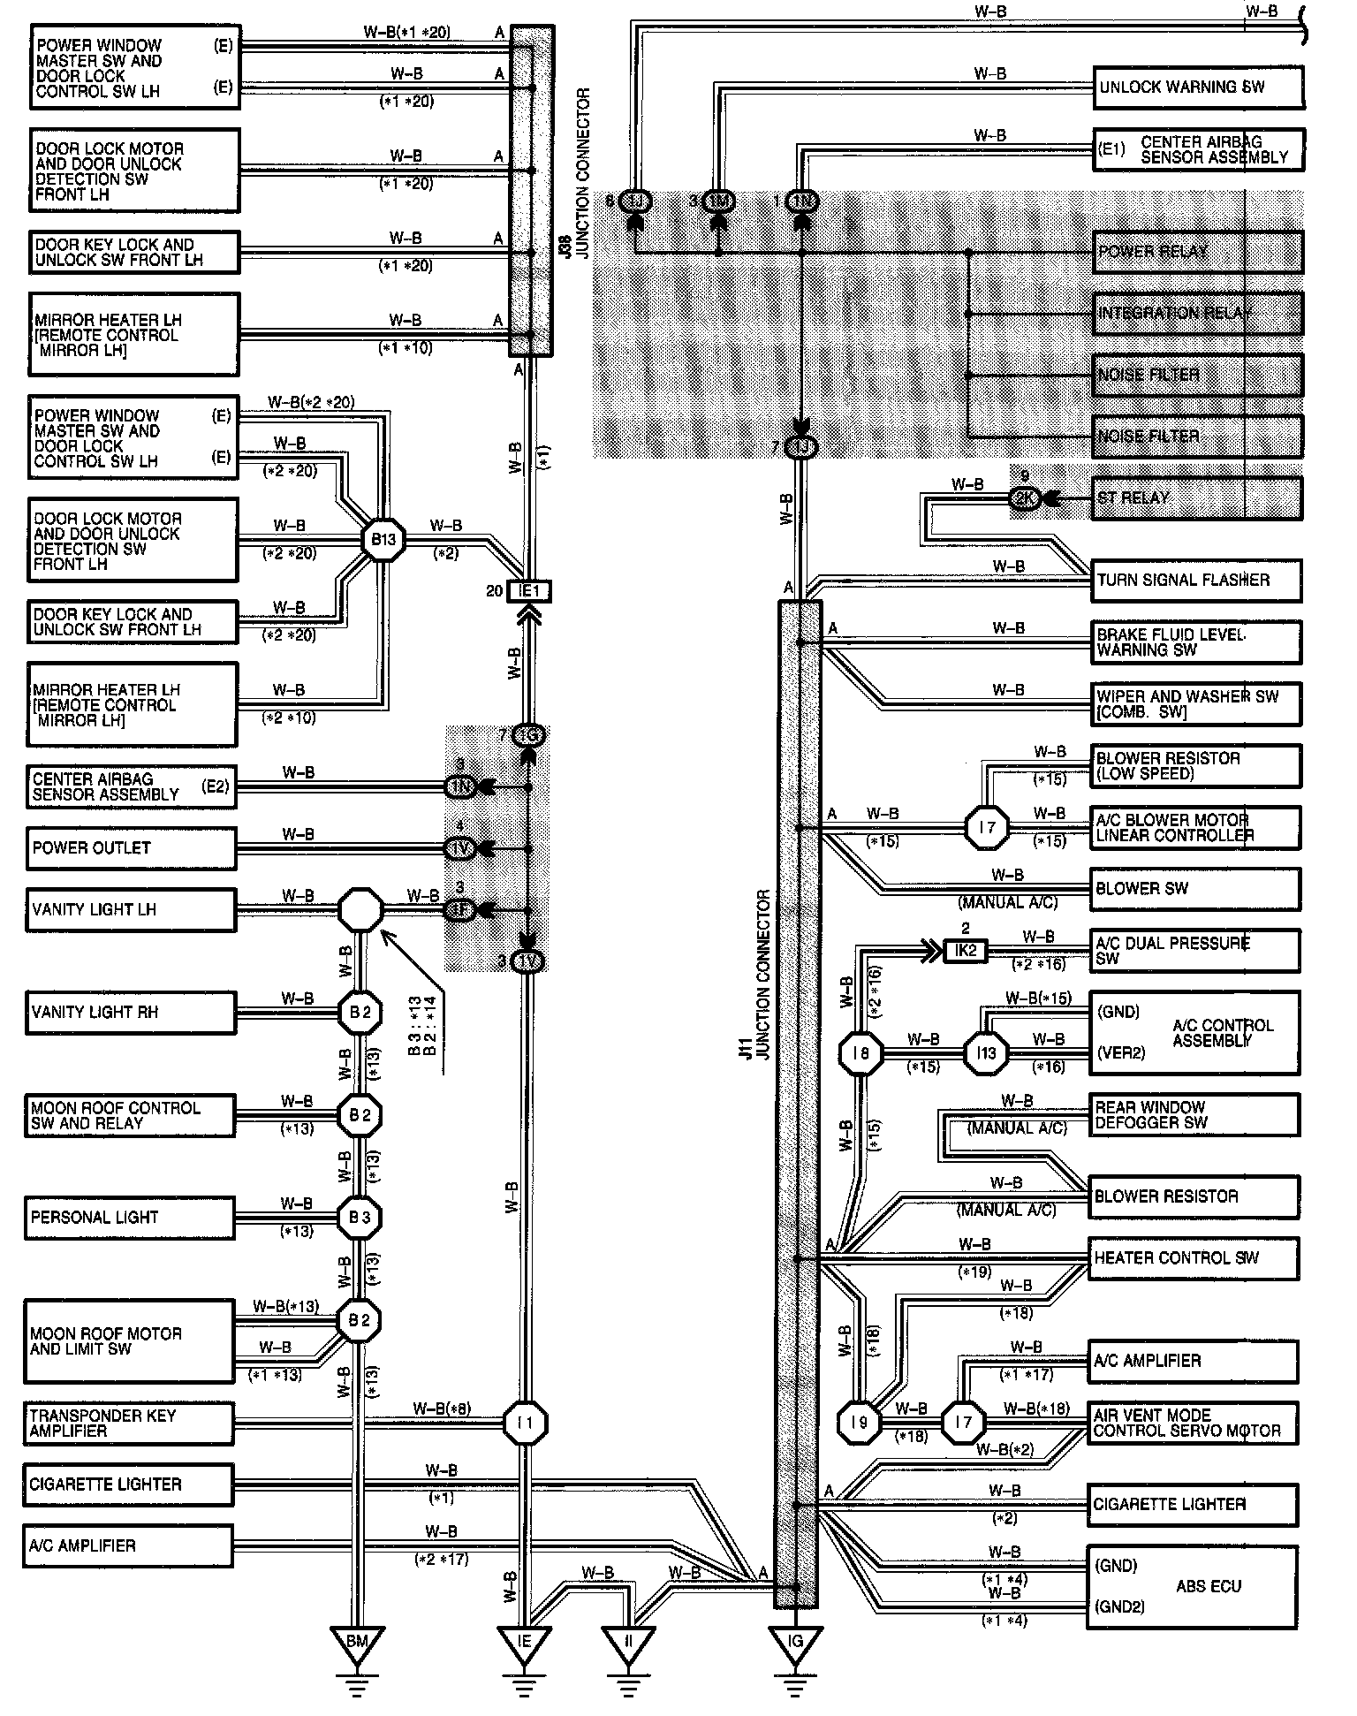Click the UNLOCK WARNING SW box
[1198, 87]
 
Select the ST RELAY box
[1197, 498]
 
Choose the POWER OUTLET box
[131, 848]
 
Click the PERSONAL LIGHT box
[131, 1218]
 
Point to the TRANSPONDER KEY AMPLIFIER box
[130, 1423]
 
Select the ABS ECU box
[1193, 1587]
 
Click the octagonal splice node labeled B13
[383, 539]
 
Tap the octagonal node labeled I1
[526, 1424]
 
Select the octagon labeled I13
[987, 1053]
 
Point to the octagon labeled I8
[860, 1053]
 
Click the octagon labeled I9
[860, 1423]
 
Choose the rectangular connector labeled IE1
[528, 591]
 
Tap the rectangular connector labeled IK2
[966, 951]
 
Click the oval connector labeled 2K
[1026, 498]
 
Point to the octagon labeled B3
[360, 1218]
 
